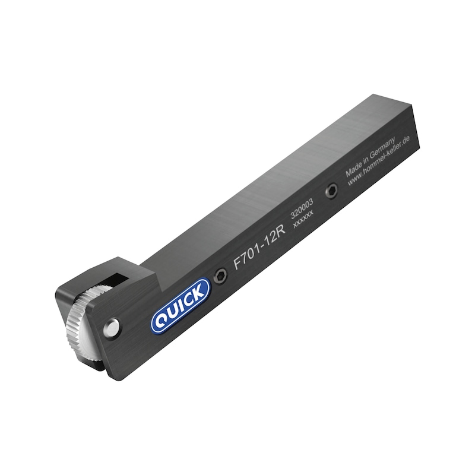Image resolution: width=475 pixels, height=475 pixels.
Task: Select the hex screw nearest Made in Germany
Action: point(331,191)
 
